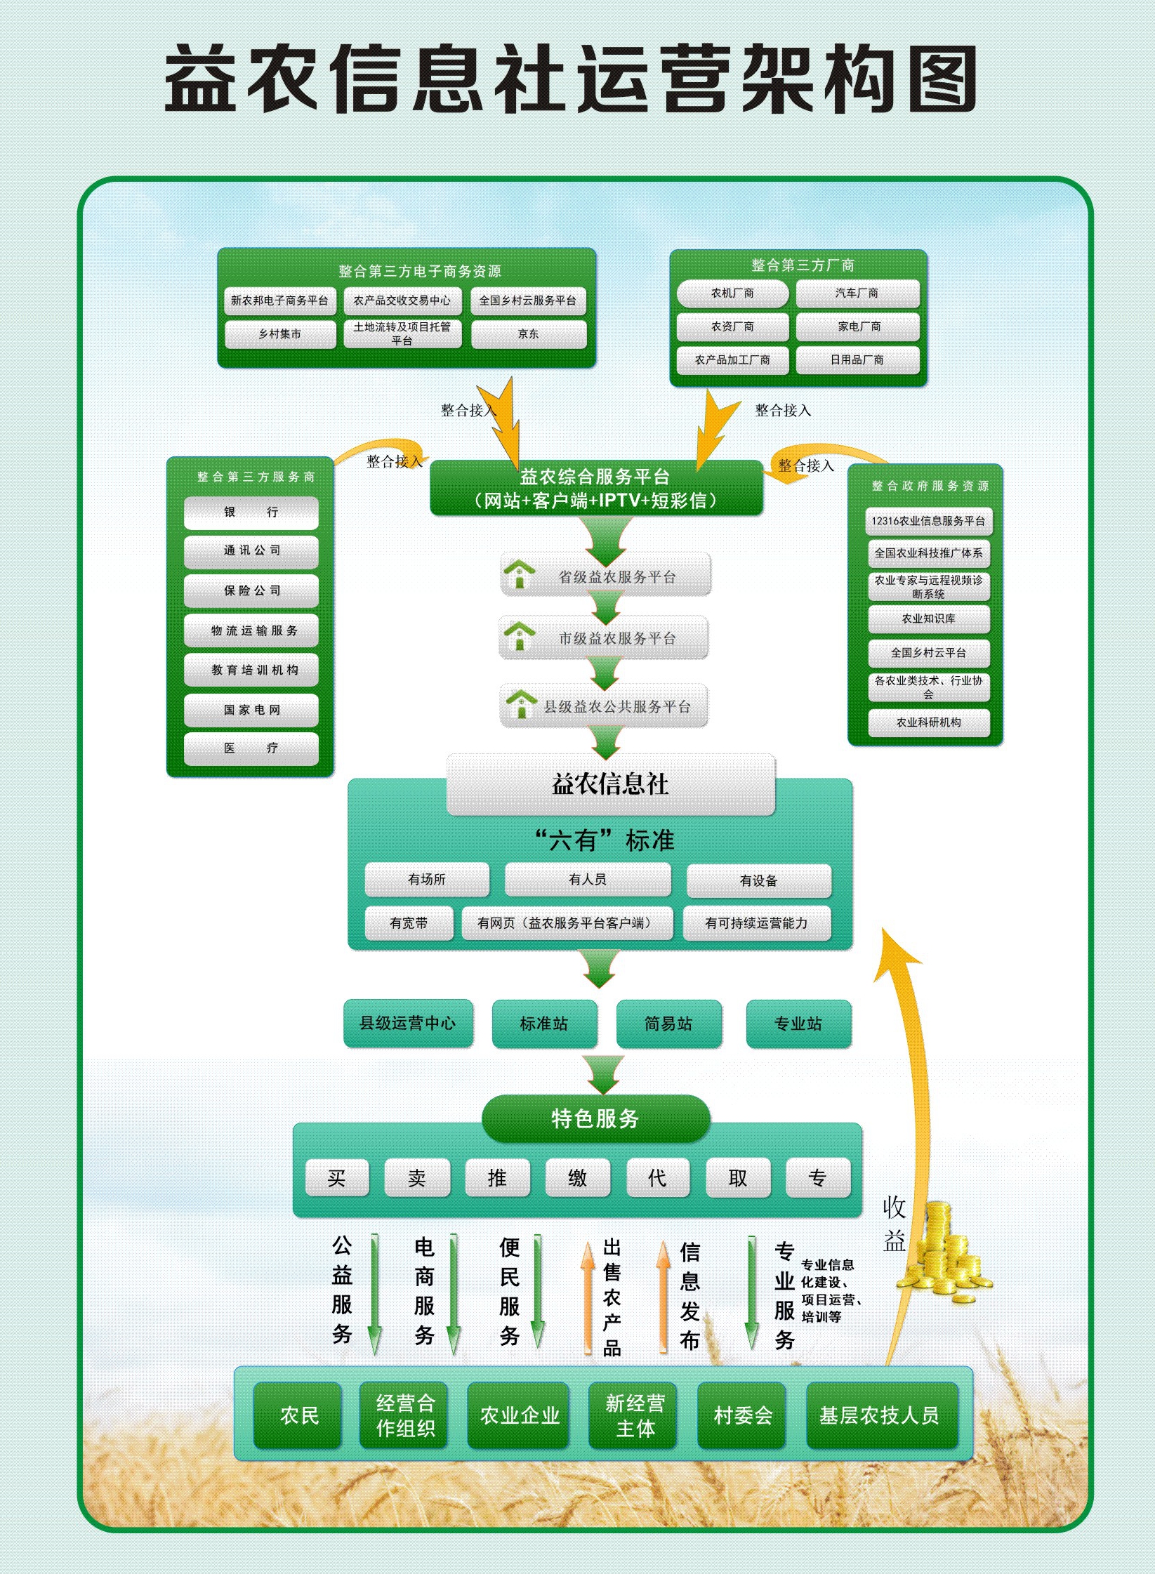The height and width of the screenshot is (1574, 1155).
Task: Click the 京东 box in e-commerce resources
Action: coord(529,334)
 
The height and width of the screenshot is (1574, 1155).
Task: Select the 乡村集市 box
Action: coord(280,334)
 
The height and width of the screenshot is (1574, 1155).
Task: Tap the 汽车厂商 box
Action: coord(857,293)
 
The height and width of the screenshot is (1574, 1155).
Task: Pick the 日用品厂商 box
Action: coord(857,359)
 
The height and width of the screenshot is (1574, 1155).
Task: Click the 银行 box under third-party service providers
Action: coord(251,512)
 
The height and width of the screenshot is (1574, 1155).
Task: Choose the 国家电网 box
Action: coord(251,710)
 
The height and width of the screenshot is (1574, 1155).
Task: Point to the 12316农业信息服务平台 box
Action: coord(928,521)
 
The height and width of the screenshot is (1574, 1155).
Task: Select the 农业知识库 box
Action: coord(928,619)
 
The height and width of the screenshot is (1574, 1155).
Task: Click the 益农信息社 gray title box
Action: coord(610,784)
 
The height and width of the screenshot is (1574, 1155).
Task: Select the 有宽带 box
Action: coord(409,923)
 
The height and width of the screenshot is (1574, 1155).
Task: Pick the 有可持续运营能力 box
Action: coord(756,923)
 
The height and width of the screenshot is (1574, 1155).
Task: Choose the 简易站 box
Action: coord(668,1024)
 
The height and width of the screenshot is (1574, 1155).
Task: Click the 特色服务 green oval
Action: coord(595,1118)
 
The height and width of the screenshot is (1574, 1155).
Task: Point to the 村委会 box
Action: coord(743,1415)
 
